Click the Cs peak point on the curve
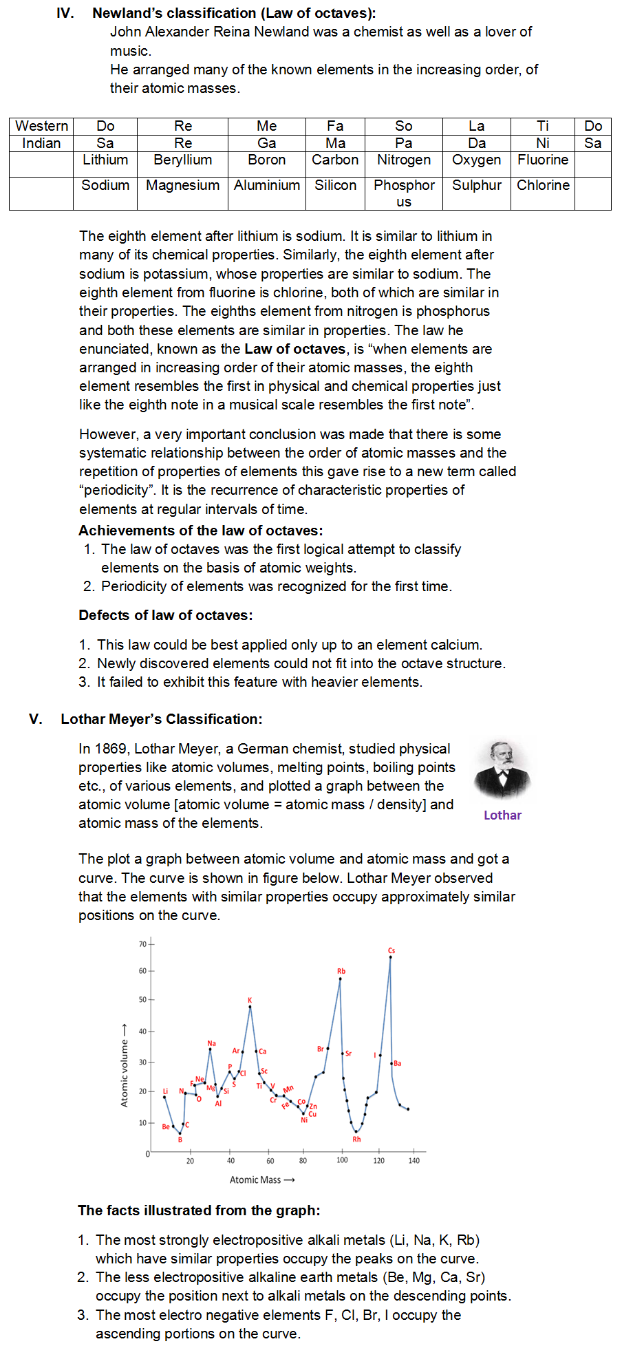click(391, 957)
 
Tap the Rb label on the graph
click(341, 971)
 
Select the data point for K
click(250, 1007)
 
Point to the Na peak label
click(211, 1043)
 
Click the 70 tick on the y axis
click(143, 944)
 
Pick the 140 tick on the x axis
click(414, 1160)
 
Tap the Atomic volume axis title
click(125, 1065)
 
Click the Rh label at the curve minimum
click(356, 1139)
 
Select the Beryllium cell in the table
click(182, 160)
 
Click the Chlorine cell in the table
click(543, 185)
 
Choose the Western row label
click(41, 126)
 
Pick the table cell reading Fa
click(335, 126)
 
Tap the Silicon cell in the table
click(335, 185)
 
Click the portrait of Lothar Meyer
click(502, 769)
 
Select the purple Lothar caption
click(502, 815)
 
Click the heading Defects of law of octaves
click(165, 615)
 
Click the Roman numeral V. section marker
click(36, 719)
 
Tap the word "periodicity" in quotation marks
click(116, 490)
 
